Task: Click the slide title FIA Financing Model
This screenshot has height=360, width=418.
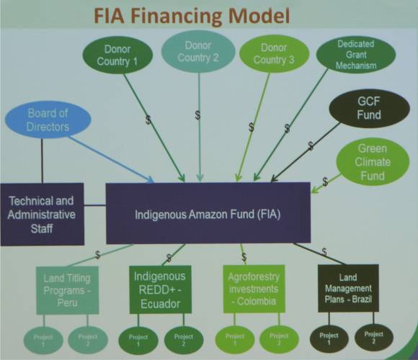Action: pos(192,15)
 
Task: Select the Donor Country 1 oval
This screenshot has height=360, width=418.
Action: pos(117,55)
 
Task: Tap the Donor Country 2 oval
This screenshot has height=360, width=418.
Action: pos(198,51)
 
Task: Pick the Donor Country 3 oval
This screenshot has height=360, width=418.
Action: pos(274,53)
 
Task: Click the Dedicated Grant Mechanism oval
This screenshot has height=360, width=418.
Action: pos(356,55)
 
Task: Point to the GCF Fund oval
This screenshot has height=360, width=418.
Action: pos(369,108)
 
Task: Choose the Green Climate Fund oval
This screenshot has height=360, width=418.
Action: pos(373,162)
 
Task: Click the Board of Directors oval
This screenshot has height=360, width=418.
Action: pos(48,120)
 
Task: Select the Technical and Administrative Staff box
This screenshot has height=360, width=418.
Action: pos(42,214)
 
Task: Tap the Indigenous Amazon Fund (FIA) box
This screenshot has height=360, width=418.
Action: pos(208,213)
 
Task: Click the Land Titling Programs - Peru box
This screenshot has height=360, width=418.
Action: pos(68,290)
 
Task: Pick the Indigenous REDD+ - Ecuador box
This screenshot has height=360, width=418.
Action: pos(160,289)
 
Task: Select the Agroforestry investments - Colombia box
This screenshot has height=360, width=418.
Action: pos(254,289)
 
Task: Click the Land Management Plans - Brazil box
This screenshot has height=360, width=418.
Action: pos(348,288)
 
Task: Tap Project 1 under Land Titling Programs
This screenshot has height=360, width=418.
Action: pos(43,341)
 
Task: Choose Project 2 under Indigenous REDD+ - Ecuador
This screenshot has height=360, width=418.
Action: pos(184,340)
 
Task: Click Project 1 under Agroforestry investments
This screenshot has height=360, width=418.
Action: pos(235,339)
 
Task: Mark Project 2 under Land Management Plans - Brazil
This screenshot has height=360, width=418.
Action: pos(374,338)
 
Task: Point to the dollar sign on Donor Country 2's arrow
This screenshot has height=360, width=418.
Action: pos(197,115)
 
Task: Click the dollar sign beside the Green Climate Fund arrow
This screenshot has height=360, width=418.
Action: pos(325,182)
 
